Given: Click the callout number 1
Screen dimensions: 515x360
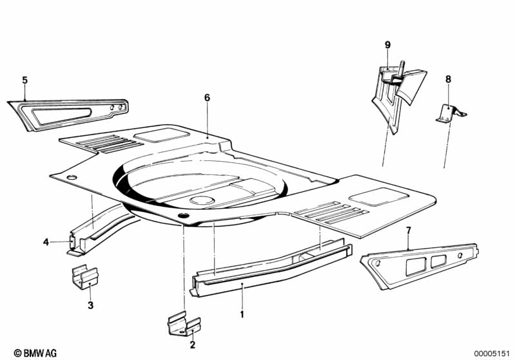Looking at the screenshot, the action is pos(242,314).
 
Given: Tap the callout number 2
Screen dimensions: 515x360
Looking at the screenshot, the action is pos(193,345).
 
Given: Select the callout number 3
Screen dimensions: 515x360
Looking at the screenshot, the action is pos(91,305).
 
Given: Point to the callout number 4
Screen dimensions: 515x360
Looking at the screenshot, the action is pos(46,242).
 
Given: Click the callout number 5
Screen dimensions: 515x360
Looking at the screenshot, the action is pos(25,81).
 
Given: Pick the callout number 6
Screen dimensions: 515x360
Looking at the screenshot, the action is pos(207,98).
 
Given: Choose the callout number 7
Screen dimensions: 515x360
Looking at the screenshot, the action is pos(408,231).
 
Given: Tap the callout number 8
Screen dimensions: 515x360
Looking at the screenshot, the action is pos(449,79).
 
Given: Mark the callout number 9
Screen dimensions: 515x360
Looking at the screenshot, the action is pos(388,45).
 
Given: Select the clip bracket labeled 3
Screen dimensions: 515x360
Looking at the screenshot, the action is pos(84,278).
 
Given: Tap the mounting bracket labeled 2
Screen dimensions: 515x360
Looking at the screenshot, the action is pos(184,326).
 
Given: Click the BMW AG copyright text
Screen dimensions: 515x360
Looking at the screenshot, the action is pos(35,353).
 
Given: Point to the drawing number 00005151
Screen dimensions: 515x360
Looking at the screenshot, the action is pos(492,354).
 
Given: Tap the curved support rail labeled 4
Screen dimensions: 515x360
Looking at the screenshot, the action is pos(99,230).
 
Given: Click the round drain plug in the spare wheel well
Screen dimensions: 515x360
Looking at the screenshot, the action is pos(202,200).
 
